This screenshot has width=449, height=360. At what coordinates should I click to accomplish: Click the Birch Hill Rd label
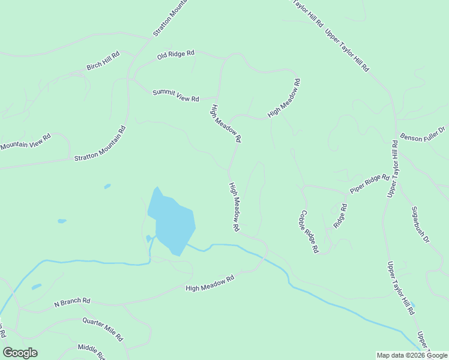pyautogui.click(x=103, y=61)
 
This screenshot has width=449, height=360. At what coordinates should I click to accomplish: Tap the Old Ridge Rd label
pyautogui.click(x=176, y=55)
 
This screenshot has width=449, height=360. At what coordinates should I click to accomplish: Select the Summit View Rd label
pyautogui.click(x=175, y=95)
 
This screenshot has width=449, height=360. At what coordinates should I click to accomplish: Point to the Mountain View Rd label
pyautogui.click(x=26, y=142)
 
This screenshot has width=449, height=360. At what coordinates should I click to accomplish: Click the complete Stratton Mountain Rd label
pyautogui.click(x=100, y=143)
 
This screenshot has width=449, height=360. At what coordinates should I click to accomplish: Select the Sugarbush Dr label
pyautogui.click(x=420, y=225)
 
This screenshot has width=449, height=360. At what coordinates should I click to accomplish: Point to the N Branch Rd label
pyautogui.click(x=72, y=301)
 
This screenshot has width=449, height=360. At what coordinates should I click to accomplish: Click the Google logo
pyautogui.click(x=20, y=352)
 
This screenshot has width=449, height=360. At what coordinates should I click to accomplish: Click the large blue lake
pyautogui.click(x=172, y=223)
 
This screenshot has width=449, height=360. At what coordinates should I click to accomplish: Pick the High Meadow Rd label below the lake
pyautogui.click(x=209, y=284)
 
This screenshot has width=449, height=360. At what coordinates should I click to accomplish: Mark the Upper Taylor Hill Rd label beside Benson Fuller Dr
pyautogui.click(x=393, y=169)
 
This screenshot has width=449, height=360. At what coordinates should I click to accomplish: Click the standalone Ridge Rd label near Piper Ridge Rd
pyautogui.click(x=340, y=215)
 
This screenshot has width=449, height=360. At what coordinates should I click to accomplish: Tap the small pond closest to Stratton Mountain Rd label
pyautogui.click(x=107, y=187)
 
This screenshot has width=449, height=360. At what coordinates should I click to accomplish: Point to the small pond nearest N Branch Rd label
pyautogui.click(x=37, y=287)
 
